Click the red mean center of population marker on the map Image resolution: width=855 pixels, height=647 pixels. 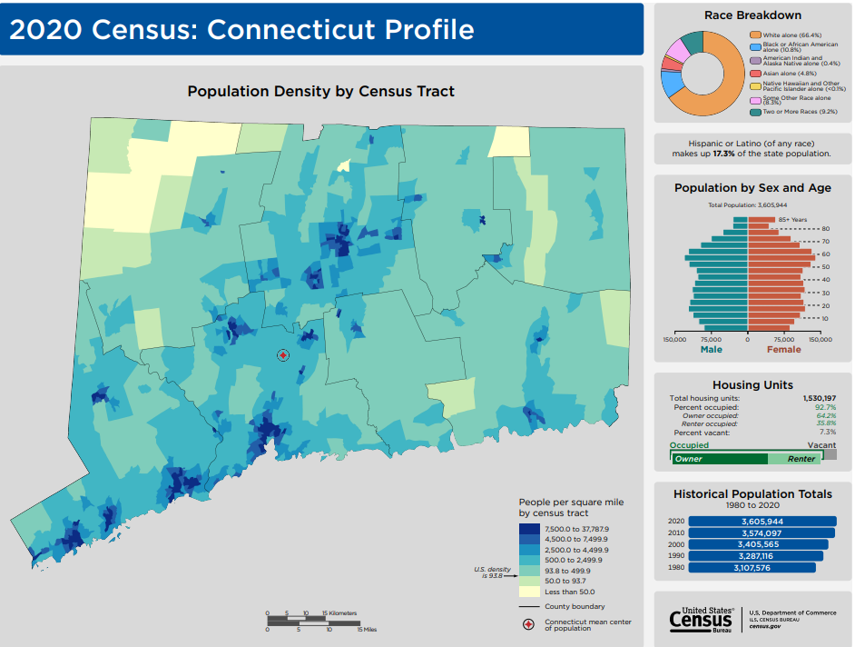[282, 355]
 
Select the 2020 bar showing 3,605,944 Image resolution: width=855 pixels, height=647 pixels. [762, 521]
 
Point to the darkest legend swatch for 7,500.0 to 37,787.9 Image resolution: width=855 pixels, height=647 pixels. [529, 529]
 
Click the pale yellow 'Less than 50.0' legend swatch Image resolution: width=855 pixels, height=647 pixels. [529, 592]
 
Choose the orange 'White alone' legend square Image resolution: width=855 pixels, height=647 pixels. [754, 35]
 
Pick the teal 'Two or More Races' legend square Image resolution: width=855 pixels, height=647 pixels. [754, 111]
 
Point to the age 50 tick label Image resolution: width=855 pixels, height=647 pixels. [824, 267]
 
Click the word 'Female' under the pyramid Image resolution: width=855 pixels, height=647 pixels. [784, 349]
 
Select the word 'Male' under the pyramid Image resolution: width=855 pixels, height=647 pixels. [712, 349]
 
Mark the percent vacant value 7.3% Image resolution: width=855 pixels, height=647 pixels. [826, 433]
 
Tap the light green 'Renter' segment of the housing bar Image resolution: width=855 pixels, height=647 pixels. [800, 459]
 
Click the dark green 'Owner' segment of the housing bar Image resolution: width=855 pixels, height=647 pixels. [717, 459]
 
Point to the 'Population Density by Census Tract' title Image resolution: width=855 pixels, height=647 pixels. [320, 91]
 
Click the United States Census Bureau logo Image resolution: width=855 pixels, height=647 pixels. [700, 619]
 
